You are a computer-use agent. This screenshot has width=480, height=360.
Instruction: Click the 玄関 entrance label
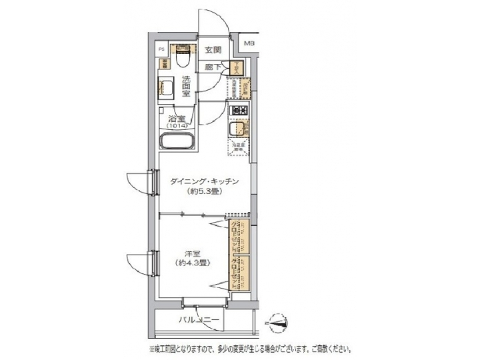click(x=213, y=49)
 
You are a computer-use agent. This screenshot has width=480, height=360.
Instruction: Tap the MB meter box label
click(x=249, y=44)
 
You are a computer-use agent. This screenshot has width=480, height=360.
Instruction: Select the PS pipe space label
click(x=161, y=49)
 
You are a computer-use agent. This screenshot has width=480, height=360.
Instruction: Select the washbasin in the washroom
click(x=166, y=87)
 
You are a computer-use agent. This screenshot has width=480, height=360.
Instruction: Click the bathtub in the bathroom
click(x=178, y=142)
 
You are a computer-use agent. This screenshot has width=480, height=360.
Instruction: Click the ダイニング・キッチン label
click(x=204, y=181)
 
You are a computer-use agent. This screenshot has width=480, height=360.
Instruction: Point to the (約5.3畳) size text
click(x=204, y=191)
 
